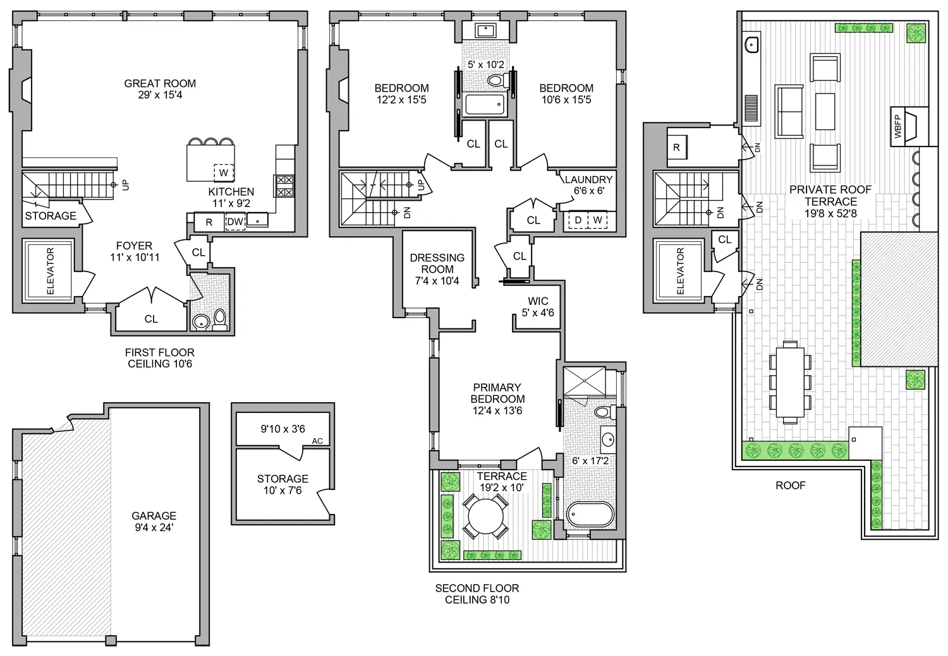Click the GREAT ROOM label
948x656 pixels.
point(160,89)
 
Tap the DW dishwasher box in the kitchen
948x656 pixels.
point(235,222)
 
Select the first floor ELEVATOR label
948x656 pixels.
point(51,271)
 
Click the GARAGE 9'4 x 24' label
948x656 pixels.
point(154,522)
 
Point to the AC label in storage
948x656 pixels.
point(317,441)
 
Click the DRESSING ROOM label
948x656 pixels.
point(437,269)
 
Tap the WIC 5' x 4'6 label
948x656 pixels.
point(538,307)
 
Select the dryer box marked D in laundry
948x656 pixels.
point(577,220)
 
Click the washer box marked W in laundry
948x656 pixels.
point(597,220)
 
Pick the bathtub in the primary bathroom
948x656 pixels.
point(590,515)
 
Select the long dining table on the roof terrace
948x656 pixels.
point(789,382)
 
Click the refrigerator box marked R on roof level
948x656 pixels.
point(676,148)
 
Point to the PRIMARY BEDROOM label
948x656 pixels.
point(497,399)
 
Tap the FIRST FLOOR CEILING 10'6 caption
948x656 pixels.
point(160,358)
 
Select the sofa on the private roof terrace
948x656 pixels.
point(789,110)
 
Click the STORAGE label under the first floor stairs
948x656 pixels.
point(51,216)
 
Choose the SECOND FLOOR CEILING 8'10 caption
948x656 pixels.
point(477,593)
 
